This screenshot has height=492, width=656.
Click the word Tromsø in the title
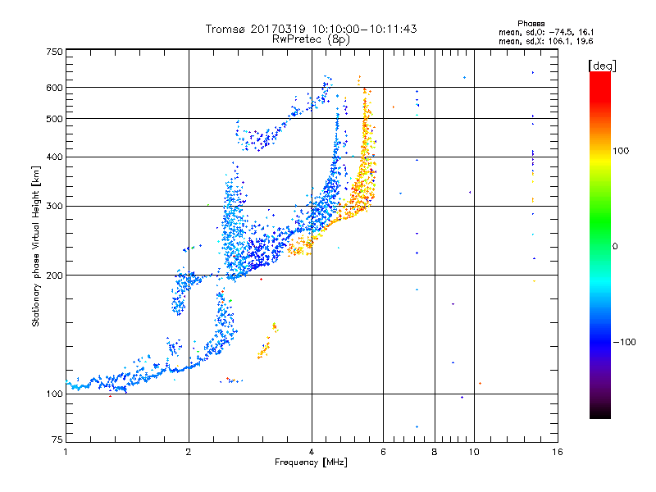tap(226, 29)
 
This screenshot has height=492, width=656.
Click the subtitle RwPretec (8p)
tap(311, 39)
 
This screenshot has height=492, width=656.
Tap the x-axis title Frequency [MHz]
tap(311, 462)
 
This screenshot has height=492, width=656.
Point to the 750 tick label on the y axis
tap(55, 52)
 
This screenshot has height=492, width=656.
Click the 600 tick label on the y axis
tap(55, 88)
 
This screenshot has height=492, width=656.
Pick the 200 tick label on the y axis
tap(55, 276)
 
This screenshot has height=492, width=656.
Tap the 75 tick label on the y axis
tap(57, 440)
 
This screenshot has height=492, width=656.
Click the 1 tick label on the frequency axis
tap(66, 452)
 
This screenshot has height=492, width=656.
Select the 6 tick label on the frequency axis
tap(383, 452)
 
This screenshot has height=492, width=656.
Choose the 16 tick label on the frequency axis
tap(558, 452)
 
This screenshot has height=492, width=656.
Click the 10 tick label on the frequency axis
tap(474, 452)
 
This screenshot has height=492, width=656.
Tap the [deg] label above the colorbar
tap(602, 66)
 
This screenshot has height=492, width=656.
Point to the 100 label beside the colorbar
tap(621, 151)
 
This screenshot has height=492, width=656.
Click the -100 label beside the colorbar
tap(624, 342)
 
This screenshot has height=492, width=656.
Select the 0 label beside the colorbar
tap(615, 247)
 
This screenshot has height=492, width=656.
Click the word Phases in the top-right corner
tap(531, 24)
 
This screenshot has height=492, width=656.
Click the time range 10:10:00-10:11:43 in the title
tap(364, 29)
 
